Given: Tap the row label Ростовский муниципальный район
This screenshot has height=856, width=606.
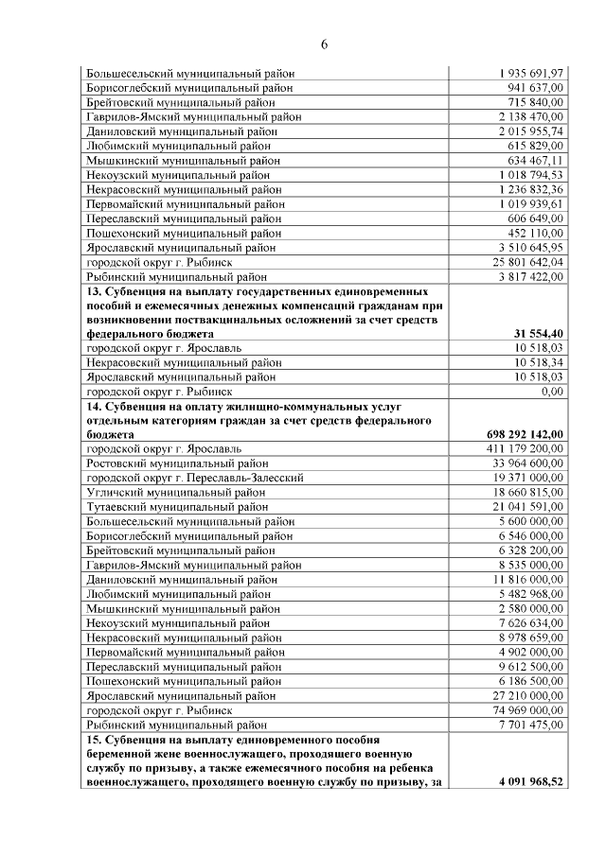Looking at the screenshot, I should (x=177, y=463).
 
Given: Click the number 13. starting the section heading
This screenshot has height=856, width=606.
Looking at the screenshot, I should (x=95, y=291).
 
